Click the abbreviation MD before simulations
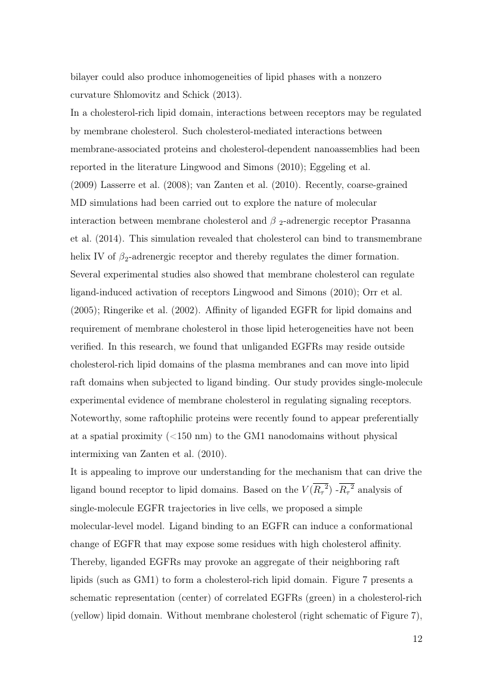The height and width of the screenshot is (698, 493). click(79, 202)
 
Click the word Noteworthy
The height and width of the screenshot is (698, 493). click(96, 418)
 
